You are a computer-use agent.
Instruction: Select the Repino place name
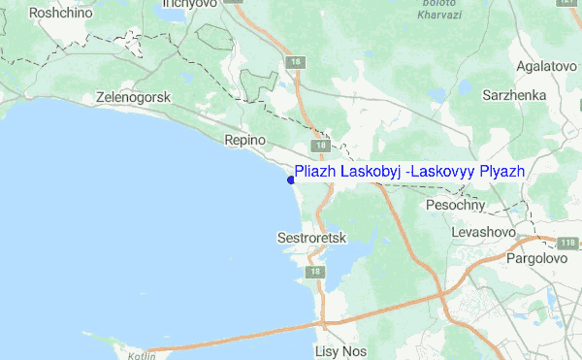click(x=244, y=141)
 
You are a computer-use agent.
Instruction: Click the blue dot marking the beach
click(x=290, y=179)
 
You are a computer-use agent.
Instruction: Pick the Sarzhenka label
click(x=516, y=96)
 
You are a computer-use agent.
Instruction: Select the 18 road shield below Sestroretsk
click(x=313, y=274)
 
